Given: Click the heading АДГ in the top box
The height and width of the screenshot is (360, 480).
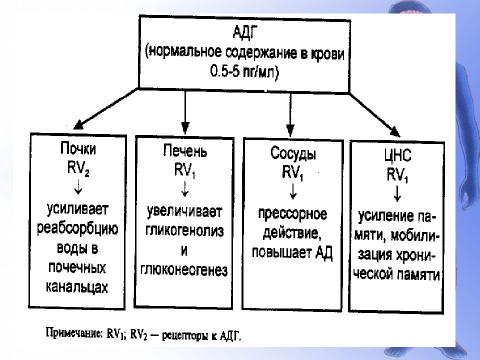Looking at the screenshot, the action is tap(243, 33).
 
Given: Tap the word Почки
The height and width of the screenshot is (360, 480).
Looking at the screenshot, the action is tap(78, 149).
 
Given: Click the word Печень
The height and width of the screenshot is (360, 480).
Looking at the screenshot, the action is tap(184, 150).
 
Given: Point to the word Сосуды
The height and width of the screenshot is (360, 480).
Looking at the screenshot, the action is tap(293, 153).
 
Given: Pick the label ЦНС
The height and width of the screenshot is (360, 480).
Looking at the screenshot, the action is tap(397, 155).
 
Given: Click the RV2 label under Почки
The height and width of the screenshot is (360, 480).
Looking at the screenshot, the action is tap(78, 168).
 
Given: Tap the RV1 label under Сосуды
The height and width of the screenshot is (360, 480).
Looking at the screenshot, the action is tap(292, 173).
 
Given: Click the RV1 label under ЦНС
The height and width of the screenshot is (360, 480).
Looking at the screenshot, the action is tap(397, 175).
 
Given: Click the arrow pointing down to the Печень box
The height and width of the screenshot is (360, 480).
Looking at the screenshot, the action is tap(185, 112).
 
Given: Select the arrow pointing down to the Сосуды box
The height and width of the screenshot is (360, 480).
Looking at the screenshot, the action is tap(290, 115).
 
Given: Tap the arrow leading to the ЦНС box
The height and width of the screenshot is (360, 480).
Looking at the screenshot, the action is tap(374, 115).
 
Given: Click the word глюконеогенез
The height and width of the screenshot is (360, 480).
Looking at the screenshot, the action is tap(184, 270).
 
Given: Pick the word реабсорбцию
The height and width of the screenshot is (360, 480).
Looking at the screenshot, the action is tap(77, 229).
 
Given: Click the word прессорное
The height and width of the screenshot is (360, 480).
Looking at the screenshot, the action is tap(292, 214).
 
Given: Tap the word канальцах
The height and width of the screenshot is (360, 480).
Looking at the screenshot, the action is tap(77, 287).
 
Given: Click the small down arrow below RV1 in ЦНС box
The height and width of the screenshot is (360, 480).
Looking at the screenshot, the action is tap(397, 194).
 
